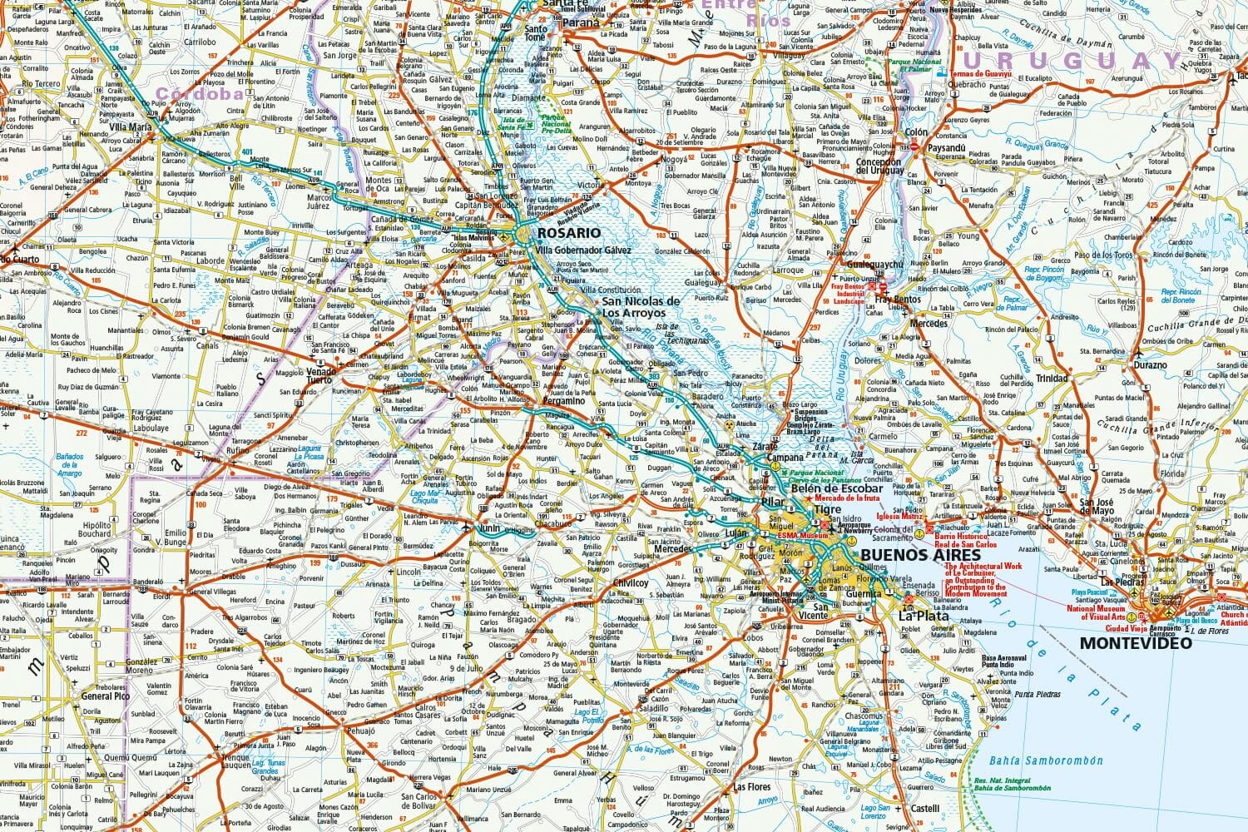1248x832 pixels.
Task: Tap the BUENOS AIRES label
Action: tap(908, 555)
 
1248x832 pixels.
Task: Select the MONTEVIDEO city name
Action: tap(1135, 642)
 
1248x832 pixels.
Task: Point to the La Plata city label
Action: tap(923, 616)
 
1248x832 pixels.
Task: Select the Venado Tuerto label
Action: tap(321, 377)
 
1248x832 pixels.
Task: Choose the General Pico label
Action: tap(106, 696)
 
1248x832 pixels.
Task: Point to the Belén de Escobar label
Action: tap(836, 488)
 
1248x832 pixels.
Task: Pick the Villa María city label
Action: tap(130, 127)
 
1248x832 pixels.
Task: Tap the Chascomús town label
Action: tap(864, 716)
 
